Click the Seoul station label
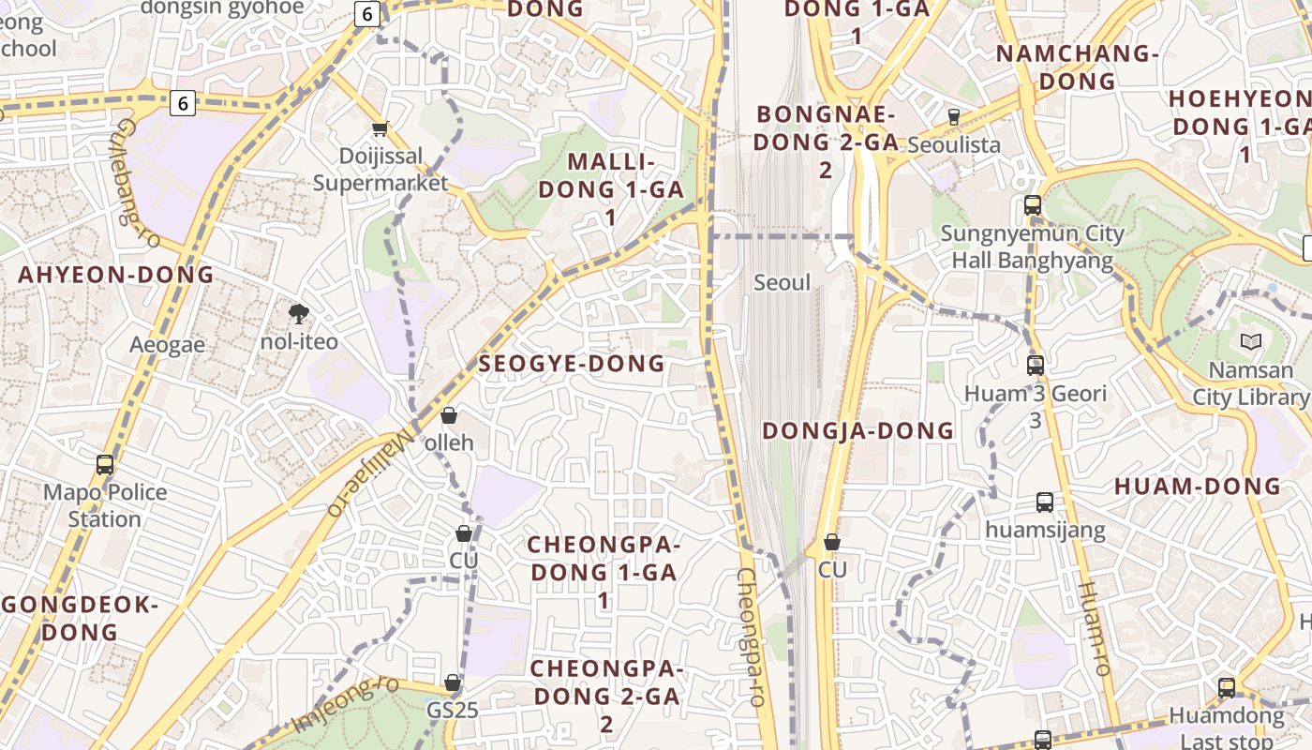(782, 282)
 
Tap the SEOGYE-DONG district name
(572, 364)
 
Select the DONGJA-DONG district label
(857, 431)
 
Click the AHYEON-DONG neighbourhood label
(116, 275)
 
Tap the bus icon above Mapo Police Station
(105, 464)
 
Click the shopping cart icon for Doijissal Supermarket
(380, 128)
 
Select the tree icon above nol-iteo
(299, 313)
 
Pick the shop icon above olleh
(449, 415)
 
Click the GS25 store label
(453, 711)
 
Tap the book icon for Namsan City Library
(1250, 342)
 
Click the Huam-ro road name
(1094, 628)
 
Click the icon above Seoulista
(954, 117)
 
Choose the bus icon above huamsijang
(1045, 502)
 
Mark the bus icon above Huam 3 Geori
(1036, 366)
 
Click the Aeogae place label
(167, 345)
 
